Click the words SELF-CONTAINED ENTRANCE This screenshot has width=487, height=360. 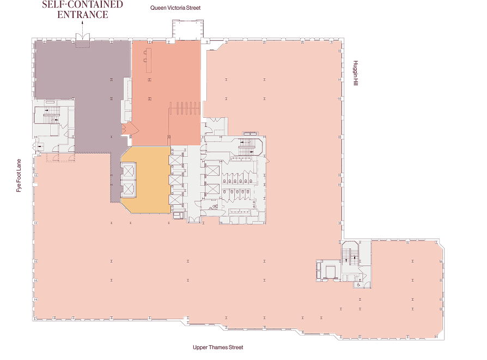tap(83, 9)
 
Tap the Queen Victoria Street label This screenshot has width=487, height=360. tap(175, 8)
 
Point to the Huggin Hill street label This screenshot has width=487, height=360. tap(356, 73)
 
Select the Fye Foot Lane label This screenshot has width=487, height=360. tap(19, 175)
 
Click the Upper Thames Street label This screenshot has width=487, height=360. tap(218, 347)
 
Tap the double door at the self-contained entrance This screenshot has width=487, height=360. tap(83, 36)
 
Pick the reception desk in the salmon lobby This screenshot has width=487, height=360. tap(148, 60)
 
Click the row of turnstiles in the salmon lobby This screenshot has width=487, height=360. tap(185, 108)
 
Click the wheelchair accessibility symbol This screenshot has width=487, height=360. tap(358, 284)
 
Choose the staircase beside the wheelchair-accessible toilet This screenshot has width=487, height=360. tap(350, 253)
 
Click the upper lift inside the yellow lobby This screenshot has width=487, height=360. tap(128, 171)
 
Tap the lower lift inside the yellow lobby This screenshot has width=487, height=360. tap(128, 189)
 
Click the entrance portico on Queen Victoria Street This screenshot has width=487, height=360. tap(188, 30)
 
